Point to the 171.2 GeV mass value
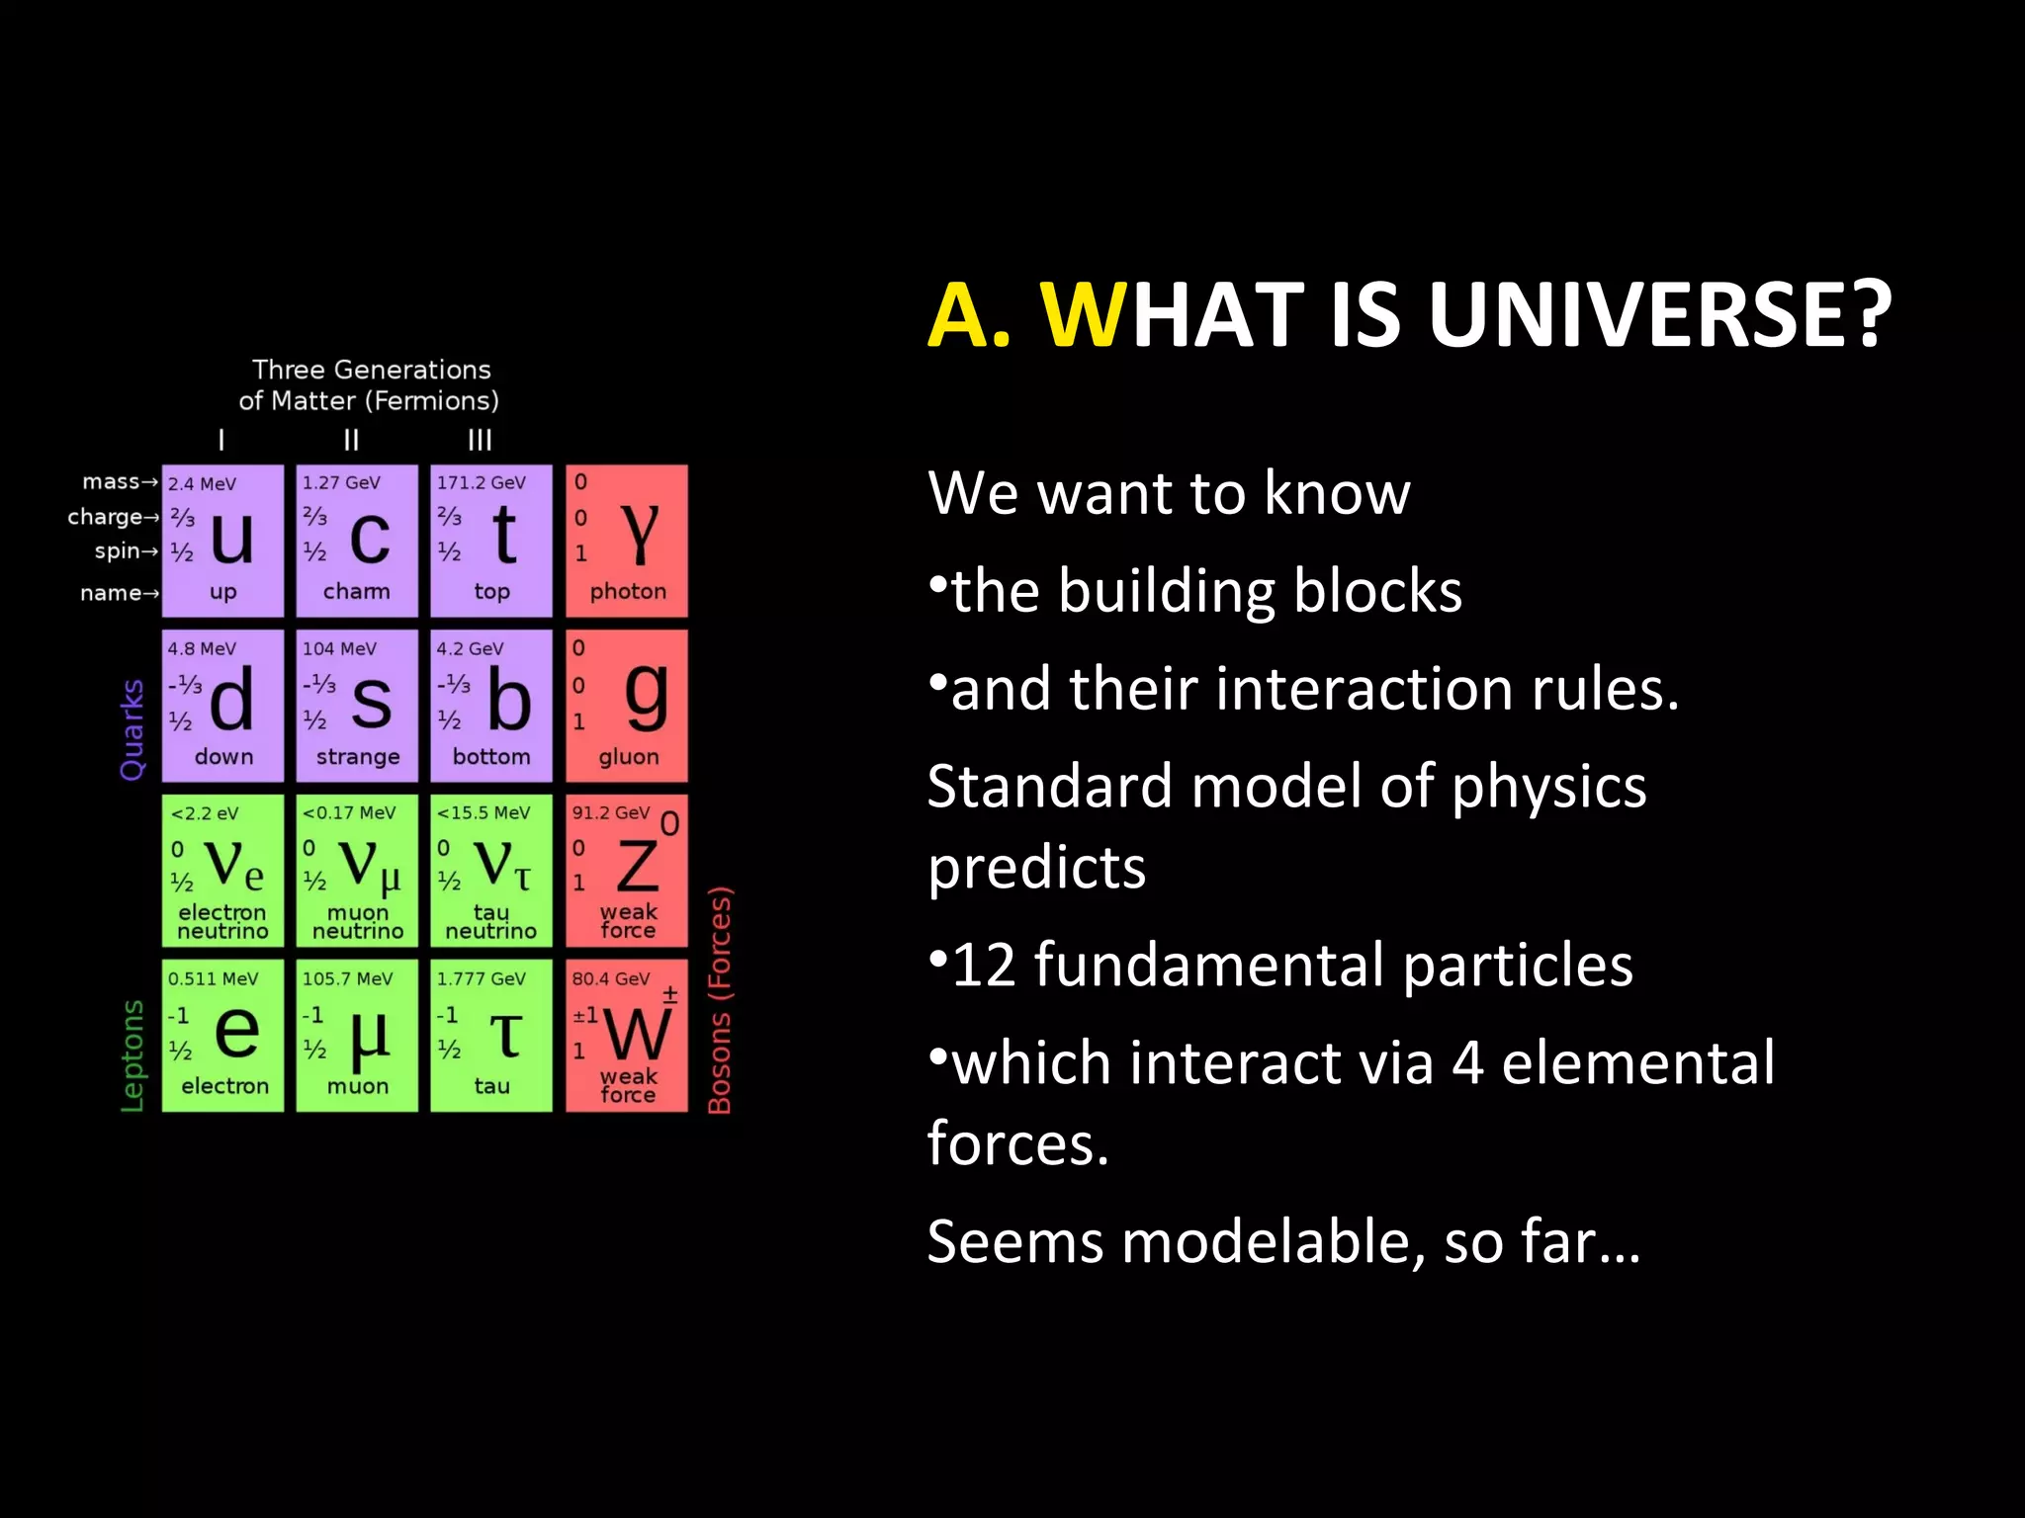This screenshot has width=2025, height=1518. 482,482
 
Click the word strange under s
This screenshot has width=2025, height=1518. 358,757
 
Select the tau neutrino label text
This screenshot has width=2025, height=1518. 490,922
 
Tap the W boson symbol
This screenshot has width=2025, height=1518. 637,1034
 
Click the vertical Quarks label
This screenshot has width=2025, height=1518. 132,729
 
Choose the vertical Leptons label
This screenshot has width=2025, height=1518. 132,1055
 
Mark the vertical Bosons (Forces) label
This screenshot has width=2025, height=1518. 720,1000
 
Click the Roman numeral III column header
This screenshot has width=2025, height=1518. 480,440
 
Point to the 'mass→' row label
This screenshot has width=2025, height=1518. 120,481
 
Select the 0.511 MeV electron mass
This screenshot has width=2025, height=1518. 213,978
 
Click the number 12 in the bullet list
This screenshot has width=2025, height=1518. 984,965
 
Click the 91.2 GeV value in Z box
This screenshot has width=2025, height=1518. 610,812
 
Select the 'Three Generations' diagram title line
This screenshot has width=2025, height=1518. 371,370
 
